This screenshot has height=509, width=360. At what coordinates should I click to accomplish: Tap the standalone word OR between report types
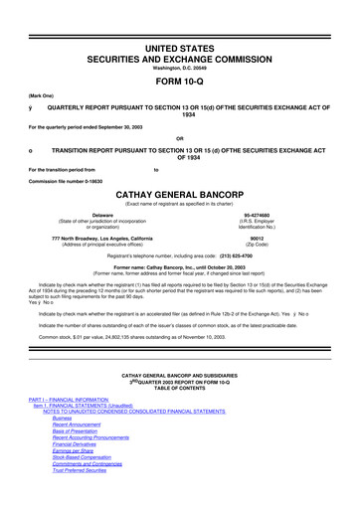click(179, 138)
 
